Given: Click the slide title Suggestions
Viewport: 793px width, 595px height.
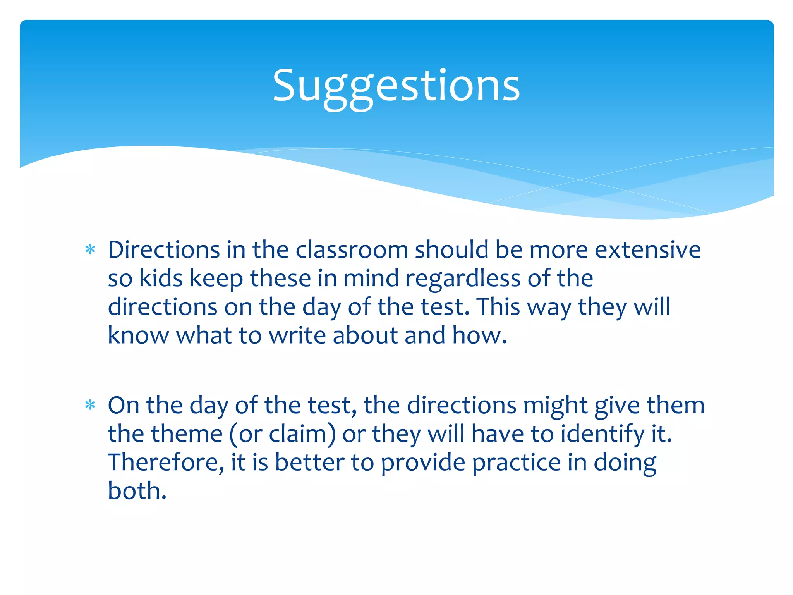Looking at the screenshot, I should coord(396,86).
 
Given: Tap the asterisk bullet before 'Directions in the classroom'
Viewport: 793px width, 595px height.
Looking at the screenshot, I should coord(90,250).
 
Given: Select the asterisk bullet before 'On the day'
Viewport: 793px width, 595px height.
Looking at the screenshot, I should coord(90,405).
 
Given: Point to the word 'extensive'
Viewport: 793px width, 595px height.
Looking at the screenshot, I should coord(647,250).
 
